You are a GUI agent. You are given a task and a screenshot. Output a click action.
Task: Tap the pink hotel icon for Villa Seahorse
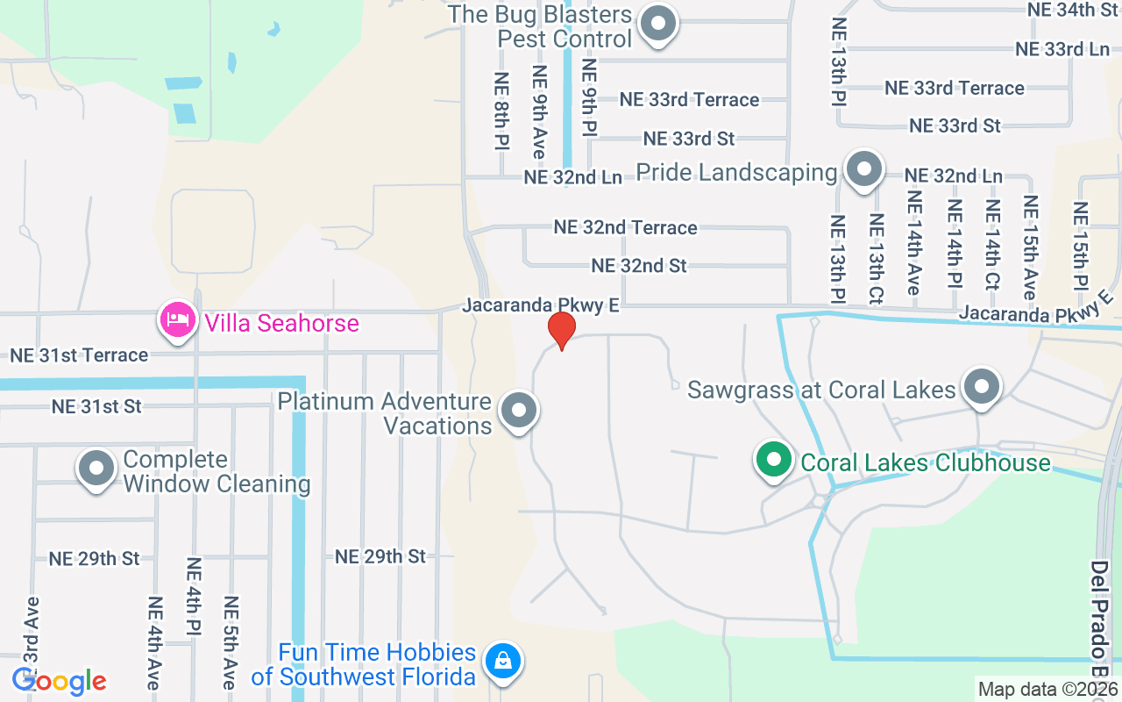pyautogui.click(x=177, y=321)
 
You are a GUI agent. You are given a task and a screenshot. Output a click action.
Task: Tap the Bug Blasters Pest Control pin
pyautogui.click(x=657, y=25)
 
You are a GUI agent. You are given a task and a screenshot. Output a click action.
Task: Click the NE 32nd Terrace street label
pyautogui.click(x=625, y=227)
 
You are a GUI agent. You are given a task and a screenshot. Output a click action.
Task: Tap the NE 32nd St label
pyautogui.click(x=639, y=265)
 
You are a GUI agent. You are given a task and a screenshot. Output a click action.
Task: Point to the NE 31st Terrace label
pyautogui.click(x=79, y=355)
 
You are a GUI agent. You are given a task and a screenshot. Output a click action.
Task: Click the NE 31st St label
pyautogui.click(x=96, y=406)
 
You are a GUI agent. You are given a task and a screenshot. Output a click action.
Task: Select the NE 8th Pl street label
pyautogui.click(x=502, y=110)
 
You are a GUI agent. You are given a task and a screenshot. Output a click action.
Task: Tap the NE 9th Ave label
pyautogui.click(x=539, y=111)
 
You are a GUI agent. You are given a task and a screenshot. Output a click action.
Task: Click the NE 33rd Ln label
pyautogui.click(x=1062, y=49)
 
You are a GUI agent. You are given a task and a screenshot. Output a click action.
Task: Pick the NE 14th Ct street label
pyautogui.click(x=993, y=245)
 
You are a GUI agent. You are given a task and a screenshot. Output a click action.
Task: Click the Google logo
pyautogui.click(x=60, y=681)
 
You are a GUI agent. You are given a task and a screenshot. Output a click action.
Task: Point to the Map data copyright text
pyautogui.click(x=1047, y=690)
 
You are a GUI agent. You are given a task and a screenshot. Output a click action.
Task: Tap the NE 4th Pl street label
pyautogui.click(x=194, y=596)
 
